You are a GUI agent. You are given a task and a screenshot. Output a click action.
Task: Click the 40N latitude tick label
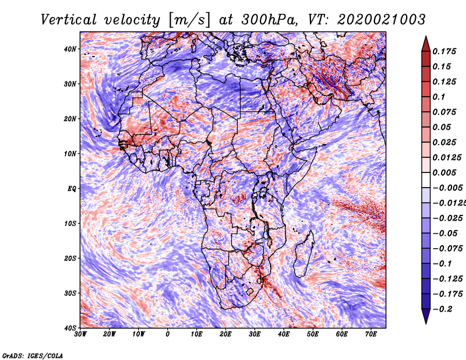click(x=69, y=49)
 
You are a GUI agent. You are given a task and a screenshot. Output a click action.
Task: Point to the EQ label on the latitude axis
click(x=72, y=189)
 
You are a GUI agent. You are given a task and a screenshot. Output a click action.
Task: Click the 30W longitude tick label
click(x=80, y=334)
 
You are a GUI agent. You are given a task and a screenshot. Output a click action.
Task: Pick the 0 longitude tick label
click(x=168, y=334)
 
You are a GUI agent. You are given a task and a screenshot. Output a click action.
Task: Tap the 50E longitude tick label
click(x=313, y=334)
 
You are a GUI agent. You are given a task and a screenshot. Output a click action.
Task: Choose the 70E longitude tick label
click(x=371, y=334)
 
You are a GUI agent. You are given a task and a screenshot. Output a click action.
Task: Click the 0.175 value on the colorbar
click(x=444, y=51)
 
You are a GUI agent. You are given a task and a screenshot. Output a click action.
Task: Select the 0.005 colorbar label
click(x=444, y=172)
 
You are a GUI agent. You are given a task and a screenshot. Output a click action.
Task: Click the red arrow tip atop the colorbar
click(x=426, y=37)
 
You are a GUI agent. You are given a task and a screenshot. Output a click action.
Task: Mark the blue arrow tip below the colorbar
click(x=426, y=323)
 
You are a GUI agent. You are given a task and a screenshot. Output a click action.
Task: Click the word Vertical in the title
click(x=69, y=20)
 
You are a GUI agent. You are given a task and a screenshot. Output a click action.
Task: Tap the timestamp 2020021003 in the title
click(x=382, y=20)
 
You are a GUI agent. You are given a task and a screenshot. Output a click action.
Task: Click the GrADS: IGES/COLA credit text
click(x=33, y=356)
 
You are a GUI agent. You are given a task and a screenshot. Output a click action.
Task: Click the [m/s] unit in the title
click(x=189, y=20)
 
